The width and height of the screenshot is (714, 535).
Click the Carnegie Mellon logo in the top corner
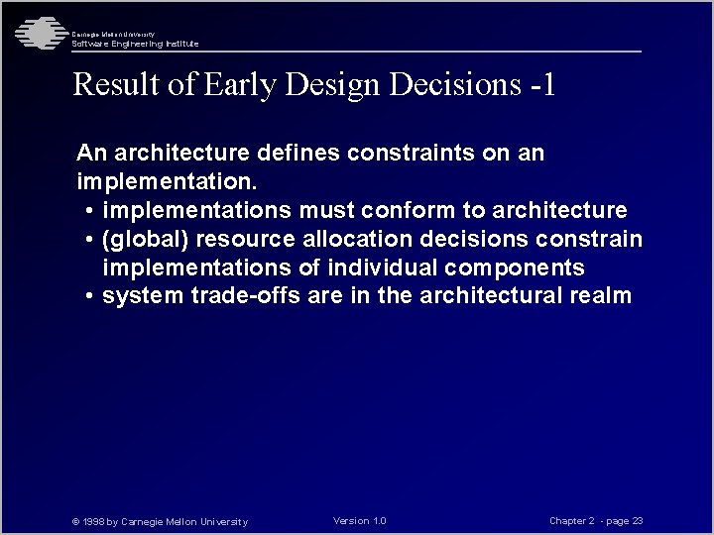click(38, 33)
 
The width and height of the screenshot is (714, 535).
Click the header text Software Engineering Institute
click(135, 44)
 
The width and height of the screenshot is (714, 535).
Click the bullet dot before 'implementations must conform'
click(90, 212)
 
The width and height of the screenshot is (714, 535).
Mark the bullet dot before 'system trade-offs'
click(90, 297)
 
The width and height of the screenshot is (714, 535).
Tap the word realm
click(599, 296)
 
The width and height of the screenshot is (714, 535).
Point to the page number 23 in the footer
click(637, 521)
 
